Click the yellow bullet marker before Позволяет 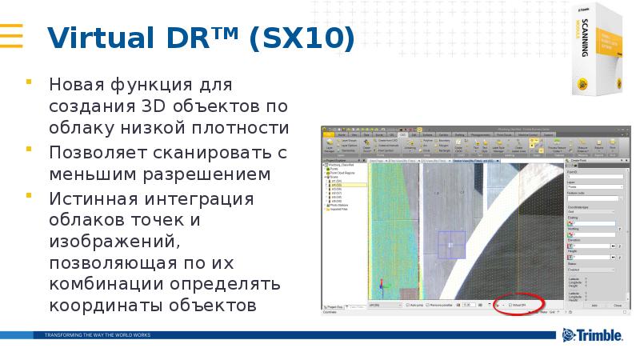point(30,149)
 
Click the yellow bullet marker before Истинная point(30,194)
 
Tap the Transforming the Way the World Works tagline point(97,334)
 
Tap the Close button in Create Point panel point(617,306)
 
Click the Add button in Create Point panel point(594,306)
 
